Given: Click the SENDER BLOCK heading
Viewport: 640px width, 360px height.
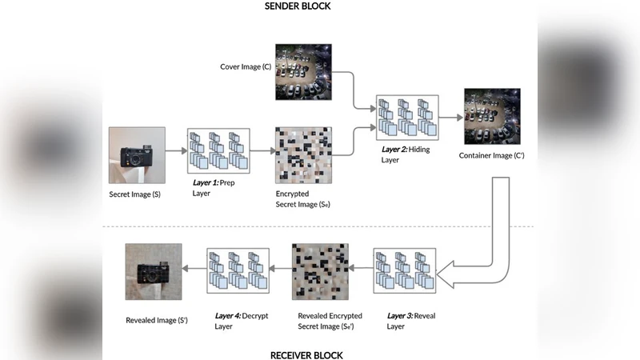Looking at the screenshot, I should pos(297,6).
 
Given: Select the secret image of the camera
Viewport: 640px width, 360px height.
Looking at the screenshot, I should pos(137,155).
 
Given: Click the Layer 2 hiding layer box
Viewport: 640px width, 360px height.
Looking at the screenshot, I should pos(408,117).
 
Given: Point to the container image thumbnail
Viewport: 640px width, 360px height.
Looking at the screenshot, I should pos(492,116).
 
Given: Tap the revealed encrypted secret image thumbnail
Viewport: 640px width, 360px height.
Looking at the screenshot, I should pos(320,271).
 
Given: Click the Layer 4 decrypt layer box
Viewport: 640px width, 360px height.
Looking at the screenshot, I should pos(237,271).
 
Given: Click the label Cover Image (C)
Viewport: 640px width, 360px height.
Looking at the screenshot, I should pos(246,66).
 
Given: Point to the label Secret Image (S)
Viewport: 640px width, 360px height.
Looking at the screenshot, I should pos(135,194).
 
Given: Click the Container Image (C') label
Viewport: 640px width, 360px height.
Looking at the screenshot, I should pos(492,154).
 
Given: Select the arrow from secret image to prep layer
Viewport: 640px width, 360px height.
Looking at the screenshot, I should pos(176,150).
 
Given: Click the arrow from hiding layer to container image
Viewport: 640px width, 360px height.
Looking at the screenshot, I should pos(451,117).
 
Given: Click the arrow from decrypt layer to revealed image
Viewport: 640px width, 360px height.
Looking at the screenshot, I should pos(194,271).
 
